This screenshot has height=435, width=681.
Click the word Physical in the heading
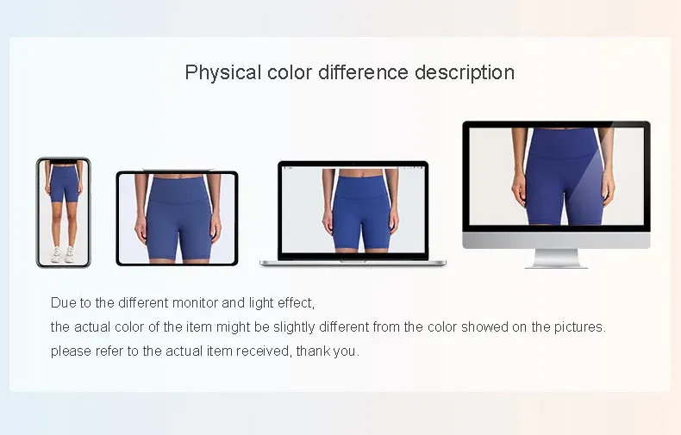coord(222,73)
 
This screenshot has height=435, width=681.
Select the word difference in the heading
coord(363,72)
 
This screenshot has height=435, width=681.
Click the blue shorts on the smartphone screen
coord(65,183)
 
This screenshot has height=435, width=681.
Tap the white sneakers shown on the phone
coord(63,254)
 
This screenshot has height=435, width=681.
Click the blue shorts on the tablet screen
coord(178,217)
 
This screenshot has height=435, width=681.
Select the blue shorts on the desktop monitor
coord(564,176)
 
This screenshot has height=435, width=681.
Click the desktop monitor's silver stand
coord(556,258)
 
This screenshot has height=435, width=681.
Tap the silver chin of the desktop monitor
coord(556,240)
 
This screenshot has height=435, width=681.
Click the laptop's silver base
coord(353,263)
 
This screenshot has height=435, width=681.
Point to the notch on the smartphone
coord(64,162)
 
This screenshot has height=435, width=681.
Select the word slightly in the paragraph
coord(294,327)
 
